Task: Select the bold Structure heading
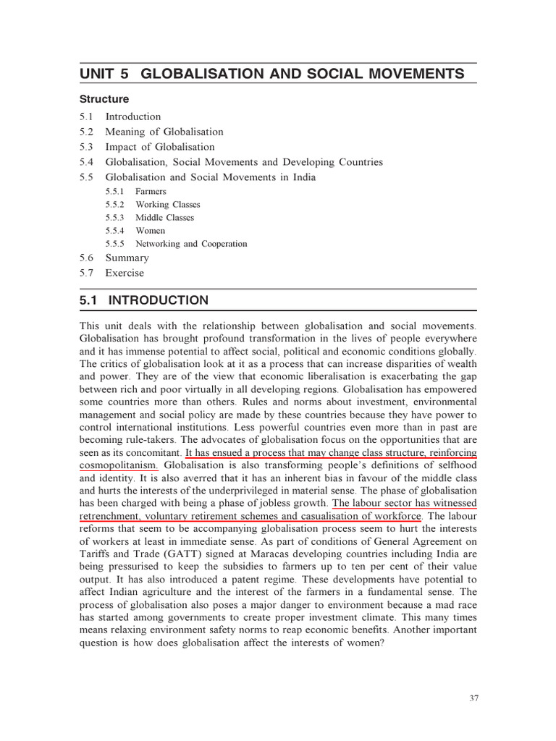(104, 99)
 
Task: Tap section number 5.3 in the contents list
(87, 147)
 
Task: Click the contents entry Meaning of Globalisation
(164, 132)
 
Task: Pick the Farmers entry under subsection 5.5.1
(151, 192)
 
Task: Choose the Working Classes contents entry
(167, 205)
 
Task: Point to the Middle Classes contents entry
(164, 218)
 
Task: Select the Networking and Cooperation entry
(191, 244)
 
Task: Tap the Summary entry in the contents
(127, 258)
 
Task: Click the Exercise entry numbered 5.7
(125, 273)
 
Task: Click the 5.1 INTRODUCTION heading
(144, 300)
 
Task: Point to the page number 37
(473, 698)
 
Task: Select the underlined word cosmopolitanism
(118, 465)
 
